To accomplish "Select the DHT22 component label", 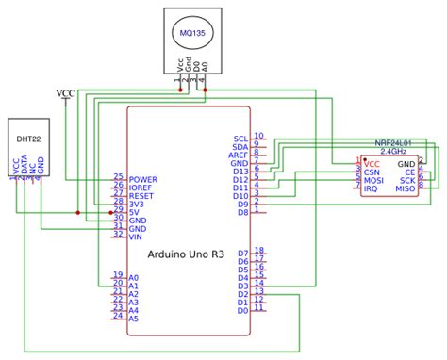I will coord(28,139).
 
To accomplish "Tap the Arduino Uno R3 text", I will coord(186,254).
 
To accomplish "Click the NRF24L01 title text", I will coord(392,142).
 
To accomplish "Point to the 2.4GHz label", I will coord(392,151).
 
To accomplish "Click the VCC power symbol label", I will coord(66,92).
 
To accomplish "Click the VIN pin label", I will coord(137,237).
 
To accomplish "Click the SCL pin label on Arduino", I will coord(240,139).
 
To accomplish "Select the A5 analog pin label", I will coord(134,319).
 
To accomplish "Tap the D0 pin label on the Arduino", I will coord(243,310).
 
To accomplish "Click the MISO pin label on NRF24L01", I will coord(406,189).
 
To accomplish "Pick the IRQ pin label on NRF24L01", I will coord(372,189).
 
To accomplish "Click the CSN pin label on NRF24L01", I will coord(372,172).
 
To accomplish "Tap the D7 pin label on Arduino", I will coord(243,254).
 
